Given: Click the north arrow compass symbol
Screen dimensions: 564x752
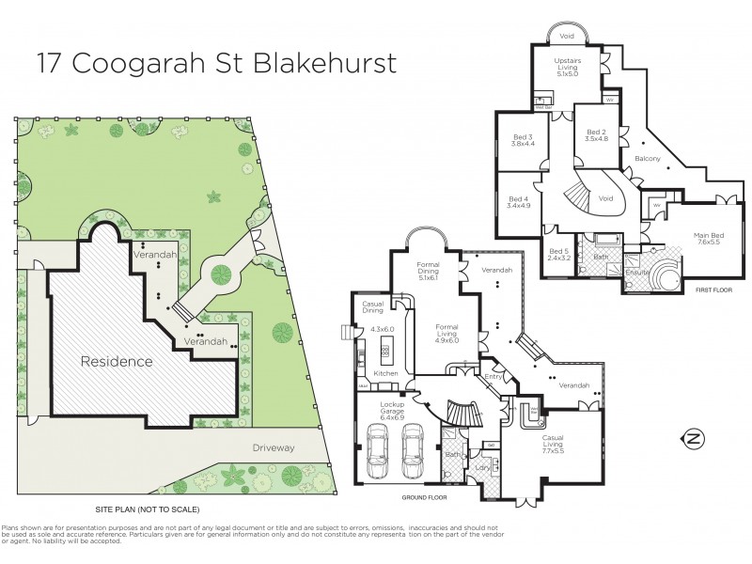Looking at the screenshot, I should (x=693, y=438).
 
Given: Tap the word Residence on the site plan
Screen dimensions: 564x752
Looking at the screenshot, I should (x=116, y=361).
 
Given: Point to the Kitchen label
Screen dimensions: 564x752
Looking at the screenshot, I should (x=387, y=373).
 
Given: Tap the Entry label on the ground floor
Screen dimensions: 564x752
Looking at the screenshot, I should (x=493, y=377).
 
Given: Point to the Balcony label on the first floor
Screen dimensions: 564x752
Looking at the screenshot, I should (x=647, y=159).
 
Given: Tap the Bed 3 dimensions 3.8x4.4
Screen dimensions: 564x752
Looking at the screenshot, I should (x=523, y=144).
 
